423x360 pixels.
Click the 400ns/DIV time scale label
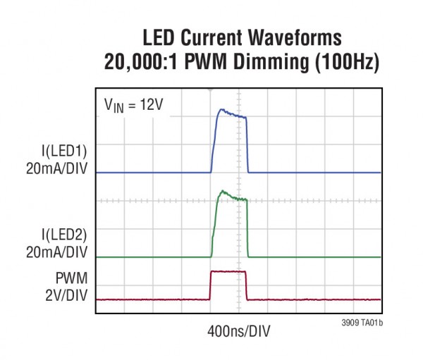click(238, 330)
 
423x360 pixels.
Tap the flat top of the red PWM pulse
click(228, 271)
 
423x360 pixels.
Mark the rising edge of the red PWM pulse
click(210, 285)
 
